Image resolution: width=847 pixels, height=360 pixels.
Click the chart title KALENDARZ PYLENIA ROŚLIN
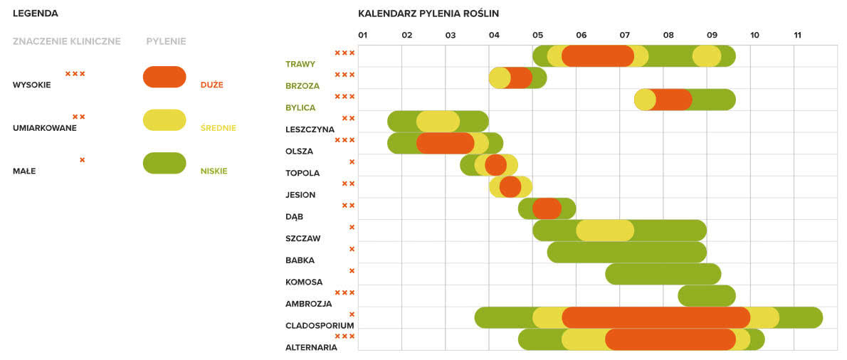428,14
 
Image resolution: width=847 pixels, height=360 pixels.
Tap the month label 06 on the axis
581,35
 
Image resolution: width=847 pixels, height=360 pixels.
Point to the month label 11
797,35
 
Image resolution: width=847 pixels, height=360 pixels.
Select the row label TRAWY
300,64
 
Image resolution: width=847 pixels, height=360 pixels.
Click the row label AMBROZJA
308,304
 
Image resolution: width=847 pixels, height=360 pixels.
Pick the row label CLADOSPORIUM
320,326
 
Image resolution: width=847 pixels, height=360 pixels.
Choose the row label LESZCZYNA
310,129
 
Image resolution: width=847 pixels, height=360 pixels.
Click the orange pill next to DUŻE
164,77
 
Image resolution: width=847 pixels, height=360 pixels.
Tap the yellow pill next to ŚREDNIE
164,120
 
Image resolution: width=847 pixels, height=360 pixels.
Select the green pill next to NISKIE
164,164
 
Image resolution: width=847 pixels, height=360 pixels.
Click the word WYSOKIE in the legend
31,85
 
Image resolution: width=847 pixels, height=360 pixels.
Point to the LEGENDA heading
35,14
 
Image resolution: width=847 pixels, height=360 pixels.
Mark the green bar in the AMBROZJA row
706,296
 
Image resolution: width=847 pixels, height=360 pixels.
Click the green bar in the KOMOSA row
663,274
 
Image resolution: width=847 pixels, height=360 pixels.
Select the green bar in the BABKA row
626,253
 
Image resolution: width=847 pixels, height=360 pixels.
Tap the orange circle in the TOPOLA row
495,165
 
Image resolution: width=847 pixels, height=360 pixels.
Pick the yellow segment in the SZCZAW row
604,231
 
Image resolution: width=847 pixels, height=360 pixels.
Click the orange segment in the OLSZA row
445,143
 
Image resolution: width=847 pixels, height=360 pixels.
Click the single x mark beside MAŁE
82,160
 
